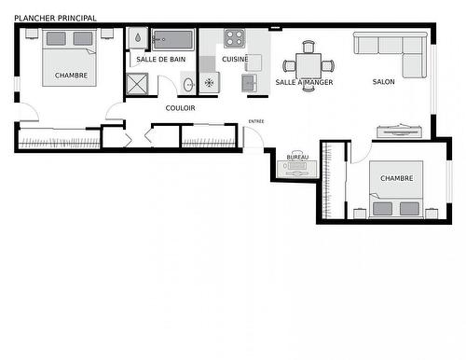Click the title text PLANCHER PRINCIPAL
(56, 19)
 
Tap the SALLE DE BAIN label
(161, 60)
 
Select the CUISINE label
(235, 60)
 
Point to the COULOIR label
(180, 108)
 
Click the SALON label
(384, 82)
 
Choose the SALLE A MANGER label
(304, 83)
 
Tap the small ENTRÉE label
(255, 121)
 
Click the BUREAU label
(297, 158)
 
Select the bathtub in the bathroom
(173, 40)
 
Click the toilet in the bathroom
(138, 39)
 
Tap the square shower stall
(138, 84)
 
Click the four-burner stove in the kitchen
(234, 38)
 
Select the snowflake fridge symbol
(209, 84)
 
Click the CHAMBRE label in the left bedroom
(71, 76)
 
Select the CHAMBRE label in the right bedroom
(396, 177)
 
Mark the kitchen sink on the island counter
(250, 83)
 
